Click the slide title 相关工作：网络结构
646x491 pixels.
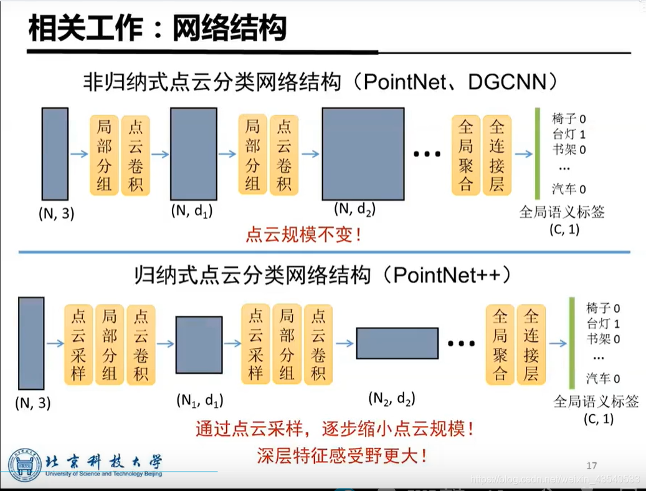(158, 28)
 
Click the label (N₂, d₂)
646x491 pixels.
(392, 397)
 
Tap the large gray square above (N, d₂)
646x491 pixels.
(363, 153)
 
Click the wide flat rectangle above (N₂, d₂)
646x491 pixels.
(397, 343)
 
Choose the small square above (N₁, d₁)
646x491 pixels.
(199, 344)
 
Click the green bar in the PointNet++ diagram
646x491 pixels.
(571, 344)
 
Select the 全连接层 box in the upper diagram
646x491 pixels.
(497, 155)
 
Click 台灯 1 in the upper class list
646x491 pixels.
(569, 134)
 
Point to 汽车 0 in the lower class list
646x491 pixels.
(603, 378)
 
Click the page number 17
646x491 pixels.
(592, 465)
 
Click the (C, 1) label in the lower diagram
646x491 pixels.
(599, 419)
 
